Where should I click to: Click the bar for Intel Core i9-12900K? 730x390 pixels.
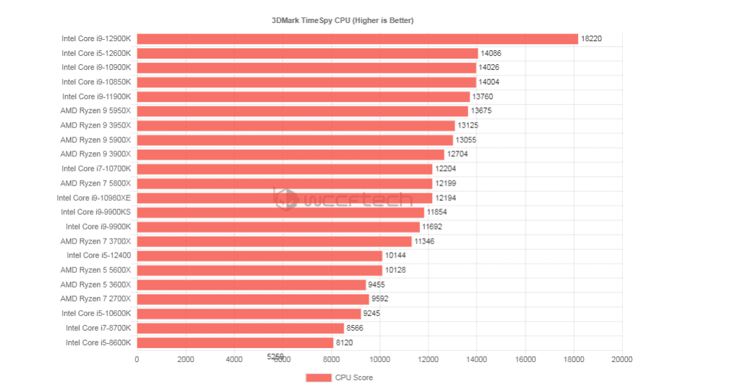pos(357,39)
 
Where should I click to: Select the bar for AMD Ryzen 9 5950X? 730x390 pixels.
pos(302,111)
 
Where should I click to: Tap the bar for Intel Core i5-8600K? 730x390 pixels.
pos(235,343)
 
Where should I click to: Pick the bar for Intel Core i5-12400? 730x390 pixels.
pos(259,256)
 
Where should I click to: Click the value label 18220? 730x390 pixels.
pos(591,39)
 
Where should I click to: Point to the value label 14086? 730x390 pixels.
pos(491,53)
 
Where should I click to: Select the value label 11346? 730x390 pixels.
pos(425,241)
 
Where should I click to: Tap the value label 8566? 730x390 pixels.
pos(357,328)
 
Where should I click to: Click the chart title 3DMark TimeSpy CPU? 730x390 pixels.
pos(343,20)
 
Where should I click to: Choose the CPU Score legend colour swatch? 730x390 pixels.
pos(318,377)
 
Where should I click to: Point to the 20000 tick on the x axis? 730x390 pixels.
pos(622,359)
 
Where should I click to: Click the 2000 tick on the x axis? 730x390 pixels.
pos(185,359)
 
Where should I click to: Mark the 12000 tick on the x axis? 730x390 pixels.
pos(428,359)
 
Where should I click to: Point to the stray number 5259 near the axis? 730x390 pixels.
pos(275,357)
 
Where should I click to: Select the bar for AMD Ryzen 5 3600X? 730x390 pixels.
pos(251,285)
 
